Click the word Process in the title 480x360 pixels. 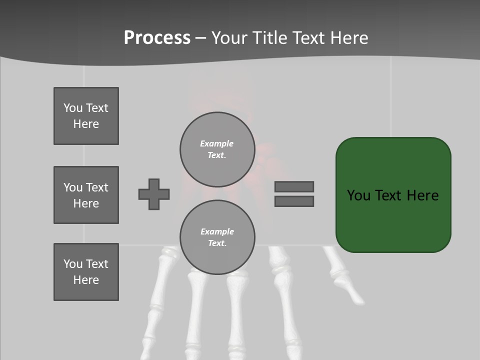[157, 38]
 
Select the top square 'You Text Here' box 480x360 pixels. [86, 116]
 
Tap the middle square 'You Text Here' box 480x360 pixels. [86, 195]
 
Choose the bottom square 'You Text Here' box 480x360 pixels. [86, 272]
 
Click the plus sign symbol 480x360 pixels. [154, 194]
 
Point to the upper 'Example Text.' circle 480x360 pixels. [217, 149]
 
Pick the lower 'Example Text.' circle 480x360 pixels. [217, 237]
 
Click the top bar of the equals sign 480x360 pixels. [294, 186]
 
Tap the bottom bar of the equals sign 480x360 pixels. [294, 201]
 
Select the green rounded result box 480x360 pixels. [393, 220]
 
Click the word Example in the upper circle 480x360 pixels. [216, 143]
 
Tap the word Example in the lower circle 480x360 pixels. [217, 231]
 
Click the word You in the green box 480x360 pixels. [358, 195]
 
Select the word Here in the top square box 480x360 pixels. [86, 124]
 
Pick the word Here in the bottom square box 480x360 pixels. [86, 280]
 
